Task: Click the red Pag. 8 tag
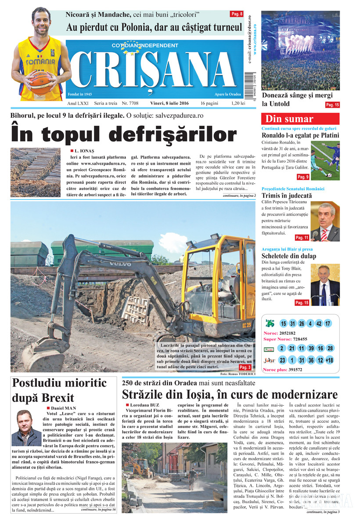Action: coord(237,14)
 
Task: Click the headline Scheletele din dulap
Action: coord(289,256)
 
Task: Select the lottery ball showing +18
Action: coord(329,360)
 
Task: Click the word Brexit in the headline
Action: coord(58,398)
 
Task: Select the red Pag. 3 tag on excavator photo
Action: coord(245,367)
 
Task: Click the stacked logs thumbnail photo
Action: coord(36,172)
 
